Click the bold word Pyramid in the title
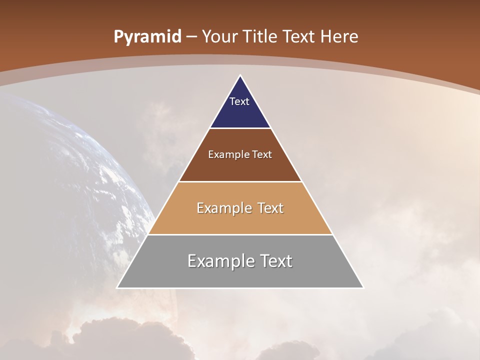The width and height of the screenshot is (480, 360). (147, 37)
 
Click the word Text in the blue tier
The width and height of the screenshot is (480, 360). (239, 101)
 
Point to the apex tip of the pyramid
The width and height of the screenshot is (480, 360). (240, 76)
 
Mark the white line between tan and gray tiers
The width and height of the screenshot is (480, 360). (240, 234)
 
